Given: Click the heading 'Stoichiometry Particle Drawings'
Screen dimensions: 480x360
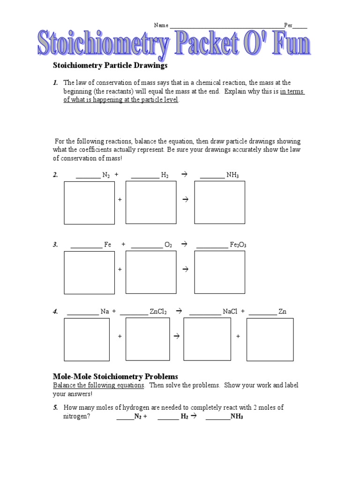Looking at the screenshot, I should (110, 66).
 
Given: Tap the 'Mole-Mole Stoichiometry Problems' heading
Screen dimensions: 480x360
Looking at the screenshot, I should (116, 376).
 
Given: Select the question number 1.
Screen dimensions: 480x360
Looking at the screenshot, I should (55, 83).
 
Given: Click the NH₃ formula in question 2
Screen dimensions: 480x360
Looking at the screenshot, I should (232, 175).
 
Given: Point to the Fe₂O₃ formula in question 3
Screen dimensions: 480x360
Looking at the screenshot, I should (238, 245).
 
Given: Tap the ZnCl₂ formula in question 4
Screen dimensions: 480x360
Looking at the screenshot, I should (159, 311).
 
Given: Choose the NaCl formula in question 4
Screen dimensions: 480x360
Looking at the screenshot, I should (230, 311).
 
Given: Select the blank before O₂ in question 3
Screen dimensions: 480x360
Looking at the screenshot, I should (147, 245).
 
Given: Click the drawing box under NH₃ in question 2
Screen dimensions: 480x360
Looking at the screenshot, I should (219, 202).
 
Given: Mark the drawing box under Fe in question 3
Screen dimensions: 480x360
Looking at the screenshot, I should (89, 272).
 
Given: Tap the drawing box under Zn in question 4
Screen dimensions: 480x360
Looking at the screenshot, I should (270, 339).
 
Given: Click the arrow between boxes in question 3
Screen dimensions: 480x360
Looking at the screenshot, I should (185, 270).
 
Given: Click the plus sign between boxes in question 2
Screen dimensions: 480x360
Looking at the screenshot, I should (120, 200).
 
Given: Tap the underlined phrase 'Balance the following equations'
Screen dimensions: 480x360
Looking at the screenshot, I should (99, 385).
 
